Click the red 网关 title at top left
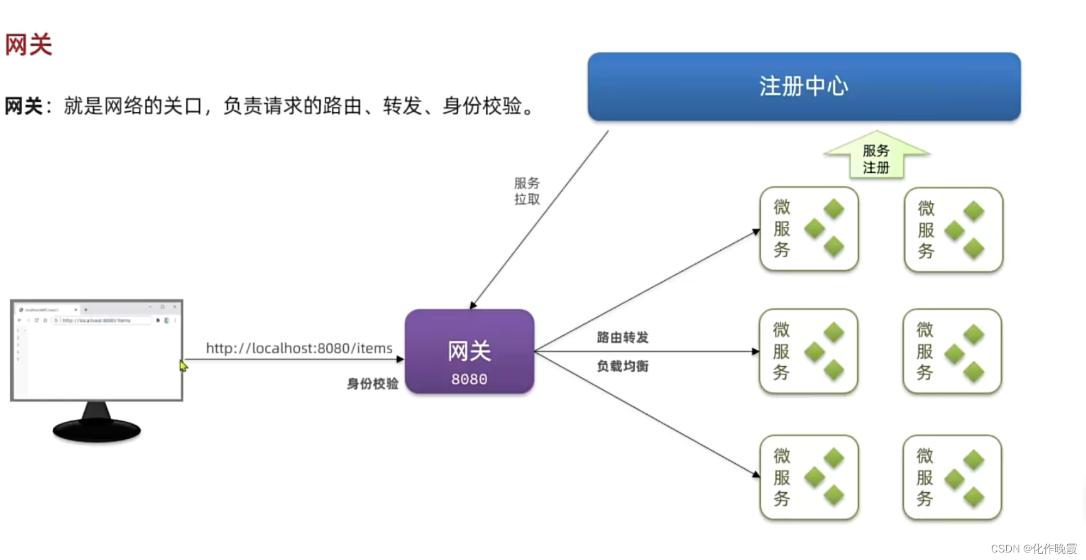coord(28,45)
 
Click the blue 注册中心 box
coord(804,87)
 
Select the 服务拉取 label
coord(527,191)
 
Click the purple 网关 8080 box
coord(469,352)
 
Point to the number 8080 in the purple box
coord(469,380)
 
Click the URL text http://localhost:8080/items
coord(299,348)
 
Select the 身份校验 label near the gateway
coord(373,383)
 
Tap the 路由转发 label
coord(622,338)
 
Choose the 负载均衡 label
coord(622,366)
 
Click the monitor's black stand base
coord(97,431)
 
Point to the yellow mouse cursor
coord(183,366)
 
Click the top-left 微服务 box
coord(809,229)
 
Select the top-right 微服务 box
coord(953,229)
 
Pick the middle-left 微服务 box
coord(809,351)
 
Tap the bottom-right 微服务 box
coord(952,478)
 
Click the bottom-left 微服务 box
coord(809,478)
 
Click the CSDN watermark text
coord(1034,549)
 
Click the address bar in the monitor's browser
coord(104,321)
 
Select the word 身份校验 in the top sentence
coord(481,106)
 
